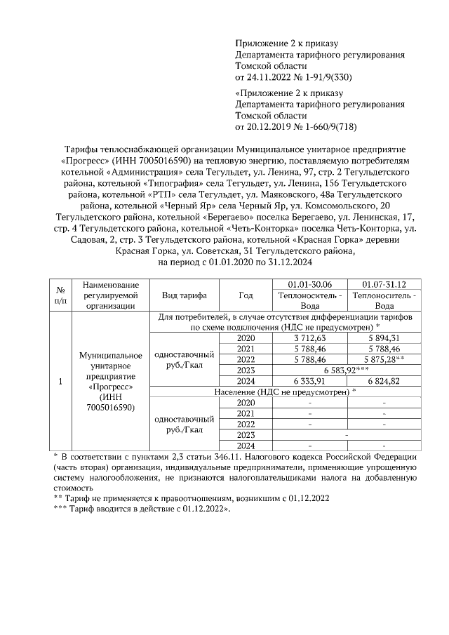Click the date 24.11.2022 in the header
coord(270,76)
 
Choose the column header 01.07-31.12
coord(383,284)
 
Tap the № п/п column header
coord(60,295)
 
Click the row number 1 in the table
coord(60,381)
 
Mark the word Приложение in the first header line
coord(261,42)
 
